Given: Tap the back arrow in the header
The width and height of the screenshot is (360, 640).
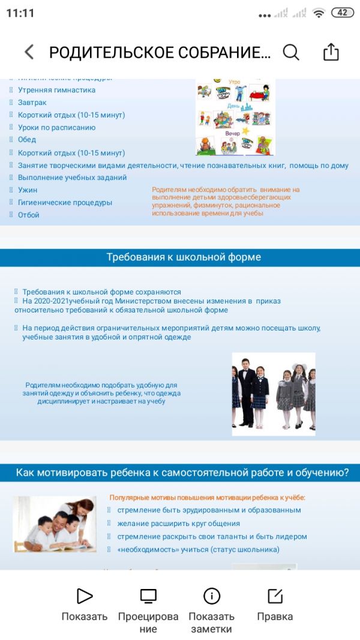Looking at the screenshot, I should point(29,52).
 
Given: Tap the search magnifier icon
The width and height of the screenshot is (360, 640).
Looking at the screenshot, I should point(291,52).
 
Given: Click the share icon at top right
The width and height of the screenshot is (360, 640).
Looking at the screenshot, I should point(331,52).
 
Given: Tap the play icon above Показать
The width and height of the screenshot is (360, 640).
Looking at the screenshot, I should point(85,596).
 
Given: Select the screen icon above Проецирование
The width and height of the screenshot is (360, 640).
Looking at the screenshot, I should point(148,596).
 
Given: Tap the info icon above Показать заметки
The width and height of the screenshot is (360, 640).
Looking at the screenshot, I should point(212,596).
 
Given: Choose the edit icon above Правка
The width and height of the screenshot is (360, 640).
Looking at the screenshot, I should point(275,596).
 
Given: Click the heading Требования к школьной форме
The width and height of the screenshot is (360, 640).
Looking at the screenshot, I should point(184,257).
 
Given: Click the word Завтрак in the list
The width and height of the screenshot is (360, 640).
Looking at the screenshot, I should point(32,103).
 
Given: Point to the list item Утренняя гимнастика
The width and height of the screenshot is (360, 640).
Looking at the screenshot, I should point(56,90).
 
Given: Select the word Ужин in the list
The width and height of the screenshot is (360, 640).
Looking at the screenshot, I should point(28,190).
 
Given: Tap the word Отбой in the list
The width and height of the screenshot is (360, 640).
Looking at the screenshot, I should point(29,215).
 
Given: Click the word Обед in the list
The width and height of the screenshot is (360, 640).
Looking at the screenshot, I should point(27,140).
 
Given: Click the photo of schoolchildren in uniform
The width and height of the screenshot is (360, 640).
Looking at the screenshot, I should point(274,393).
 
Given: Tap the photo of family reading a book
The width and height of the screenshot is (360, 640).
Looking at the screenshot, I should point(54,524).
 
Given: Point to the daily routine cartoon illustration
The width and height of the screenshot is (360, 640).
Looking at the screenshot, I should point(235,117).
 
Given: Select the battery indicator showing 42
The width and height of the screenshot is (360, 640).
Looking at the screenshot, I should point(342,13).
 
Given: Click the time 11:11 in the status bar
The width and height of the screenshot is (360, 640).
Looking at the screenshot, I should point(20,13).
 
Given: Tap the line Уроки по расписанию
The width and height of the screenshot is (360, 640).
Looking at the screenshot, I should point(56,127).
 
